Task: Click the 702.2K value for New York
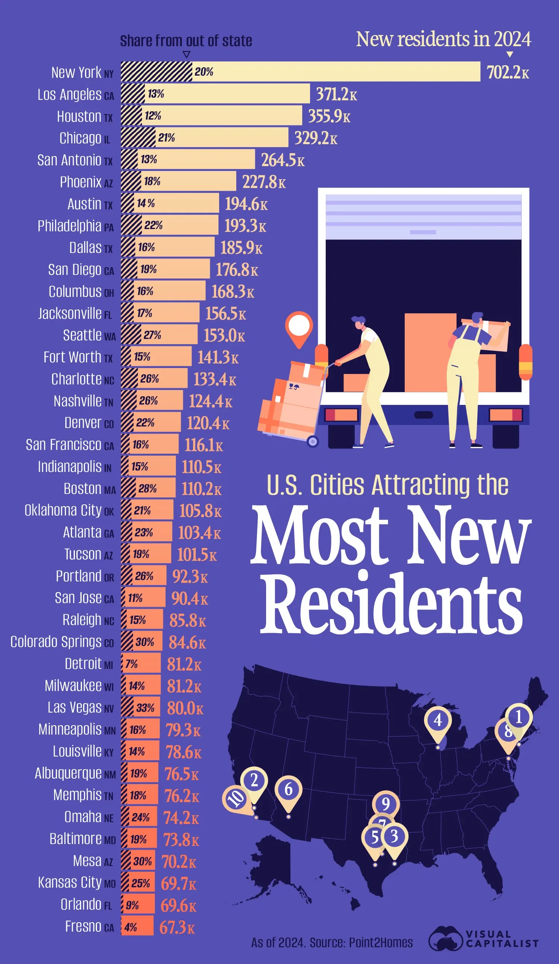pyautogui.click(x=507, y=72)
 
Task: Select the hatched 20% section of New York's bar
pyautogui.click(x=156, y=72)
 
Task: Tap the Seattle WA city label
pyautogui.click(x=89, y=336)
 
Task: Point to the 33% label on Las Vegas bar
pyautogui.click(x=145, y=708)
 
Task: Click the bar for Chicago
pyautogui.click(x=222, y=138)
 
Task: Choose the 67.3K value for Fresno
pyautogui.click(x=177, y=927)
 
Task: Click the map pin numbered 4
pyautogui.click(x=438, y=721)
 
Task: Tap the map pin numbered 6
pyautogui.click(x=288, y=790)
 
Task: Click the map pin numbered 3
pyautogui.click(x=394, y=837)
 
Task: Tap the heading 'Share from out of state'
pyautogui.click(x=186, y=41)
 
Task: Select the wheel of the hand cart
pyautogui.click(x=313, y=442)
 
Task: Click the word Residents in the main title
pyautogui.click(x=391, y=604)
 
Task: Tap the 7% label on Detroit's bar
pyautogui.click(x=131, y=664)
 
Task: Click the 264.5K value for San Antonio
pyautogui.click(x=282, y=160)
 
